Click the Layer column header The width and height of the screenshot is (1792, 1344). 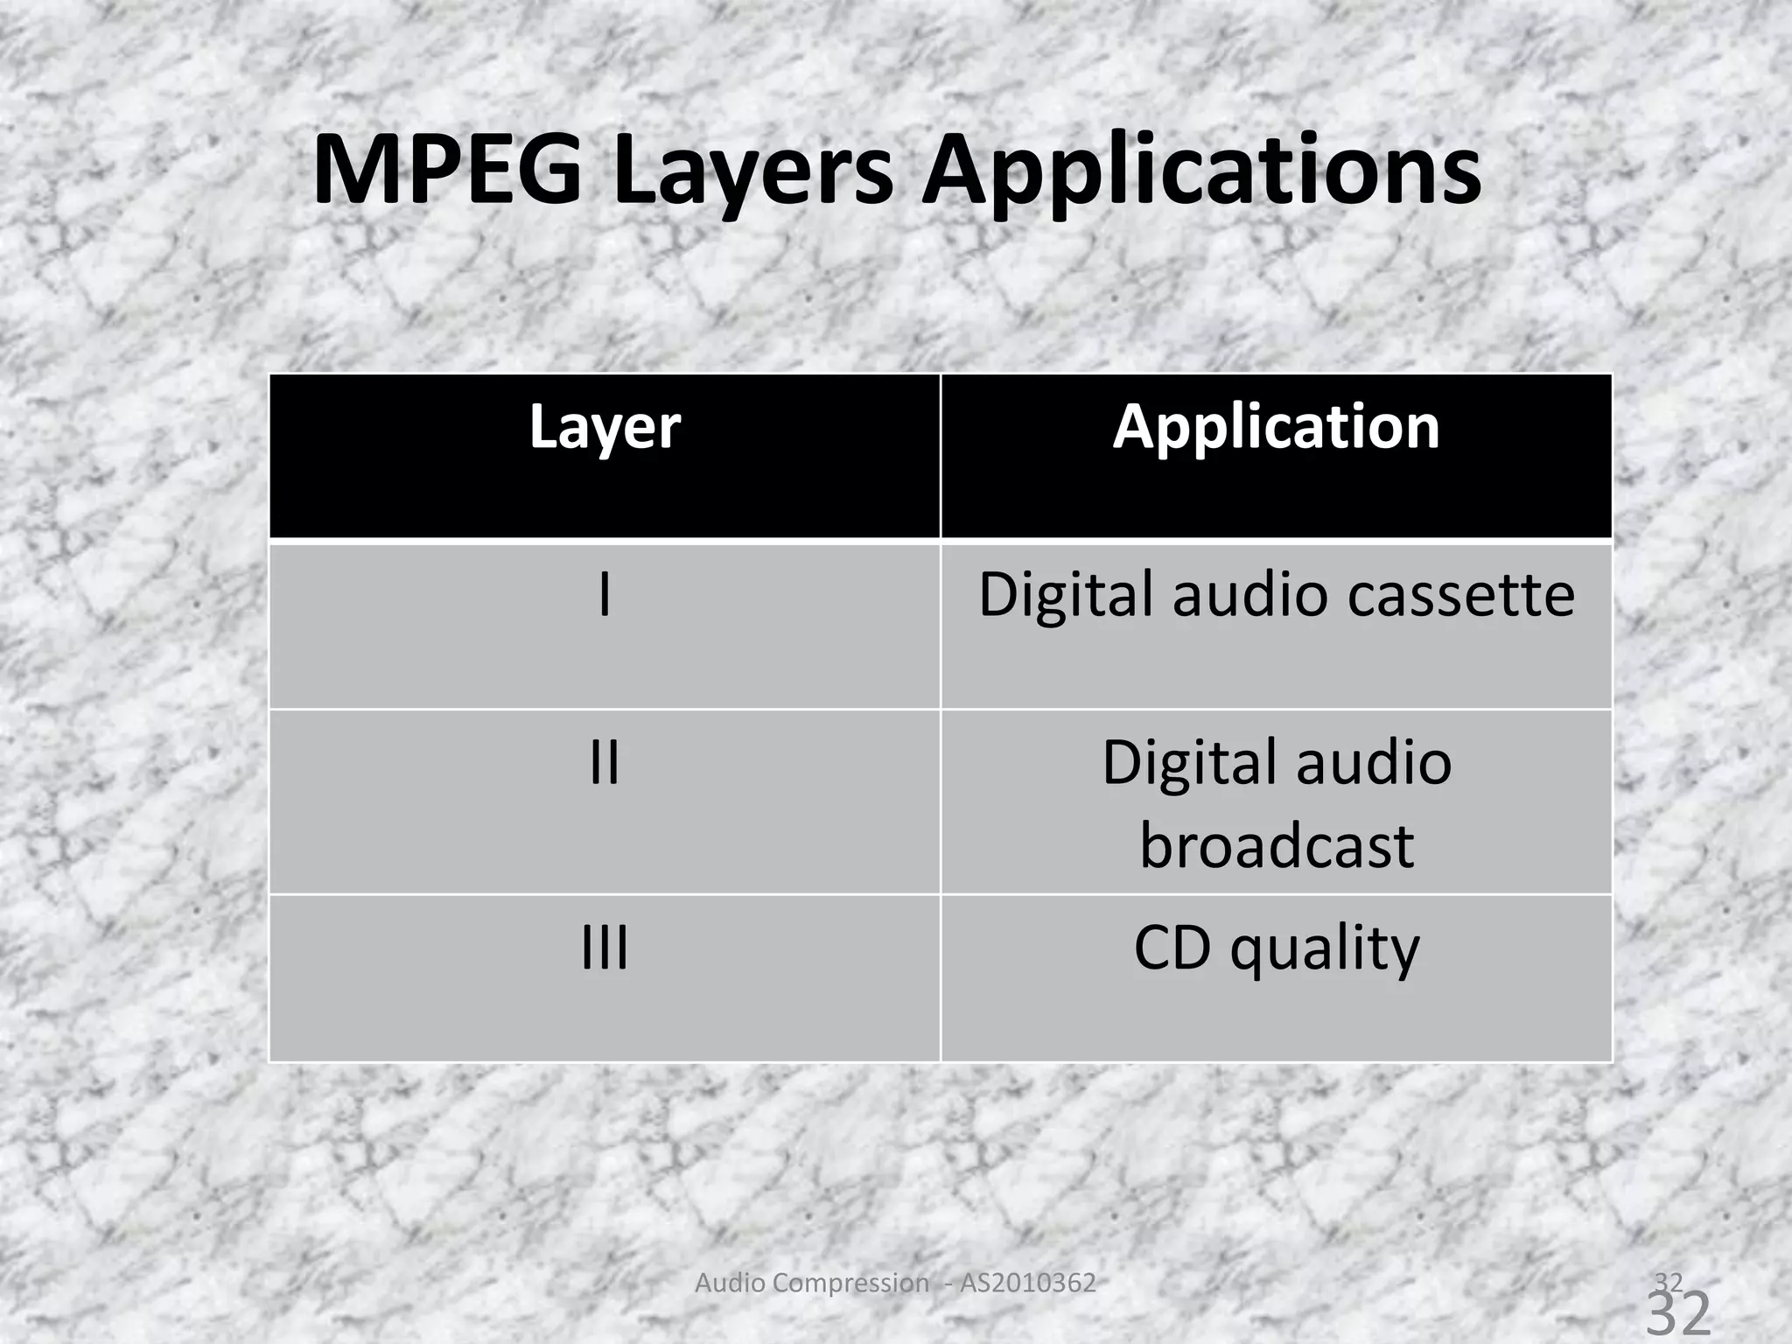[605, 428]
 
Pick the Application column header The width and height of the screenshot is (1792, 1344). [1276, 428]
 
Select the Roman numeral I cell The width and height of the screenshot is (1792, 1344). [605, 595]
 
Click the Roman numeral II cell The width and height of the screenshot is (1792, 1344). [605, 762]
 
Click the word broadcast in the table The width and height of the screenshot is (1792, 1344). [1277, 845]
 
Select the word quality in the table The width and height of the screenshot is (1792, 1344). [1325, 948]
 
